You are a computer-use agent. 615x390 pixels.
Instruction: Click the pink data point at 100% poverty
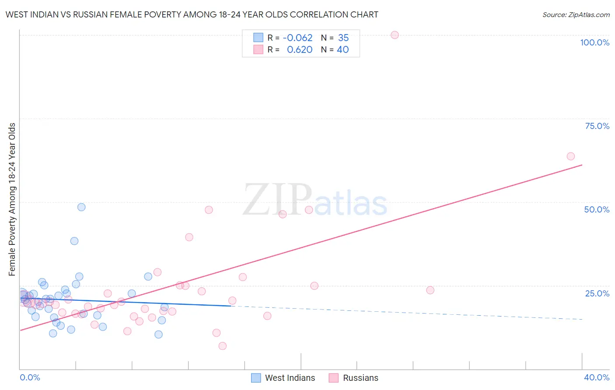click(395, 35)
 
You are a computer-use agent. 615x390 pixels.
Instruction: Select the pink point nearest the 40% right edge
click(570, 156)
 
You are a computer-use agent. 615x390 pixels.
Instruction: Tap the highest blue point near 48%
click(81, 207)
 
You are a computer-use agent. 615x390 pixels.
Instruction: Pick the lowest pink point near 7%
click(222, 346)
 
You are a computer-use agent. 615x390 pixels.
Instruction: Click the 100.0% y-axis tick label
click(594, 42)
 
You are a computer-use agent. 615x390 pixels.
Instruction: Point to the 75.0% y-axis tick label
click(597, 126)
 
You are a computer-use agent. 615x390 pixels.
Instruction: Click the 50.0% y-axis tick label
click(597, 209)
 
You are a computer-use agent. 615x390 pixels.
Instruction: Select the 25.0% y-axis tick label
click(597, 293)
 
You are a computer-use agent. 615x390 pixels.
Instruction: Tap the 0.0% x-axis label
click(30, 377)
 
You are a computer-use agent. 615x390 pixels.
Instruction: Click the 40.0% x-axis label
click(596, 377)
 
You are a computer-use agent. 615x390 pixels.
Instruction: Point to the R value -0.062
click(297, 38)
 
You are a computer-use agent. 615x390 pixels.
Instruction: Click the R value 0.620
click(300, 50)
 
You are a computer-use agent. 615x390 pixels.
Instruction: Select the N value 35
click(343, 38)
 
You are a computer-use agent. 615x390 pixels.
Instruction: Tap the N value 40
click(343, 50)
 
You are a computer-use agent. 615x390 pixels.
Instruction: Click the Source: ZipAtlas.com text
click(576, 15)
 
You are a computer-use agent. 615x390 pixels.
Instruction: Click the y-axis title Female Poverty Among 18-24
click(12, 199)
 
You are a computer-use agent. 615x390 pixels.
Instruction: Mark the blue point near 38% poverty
click(74, 241)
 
